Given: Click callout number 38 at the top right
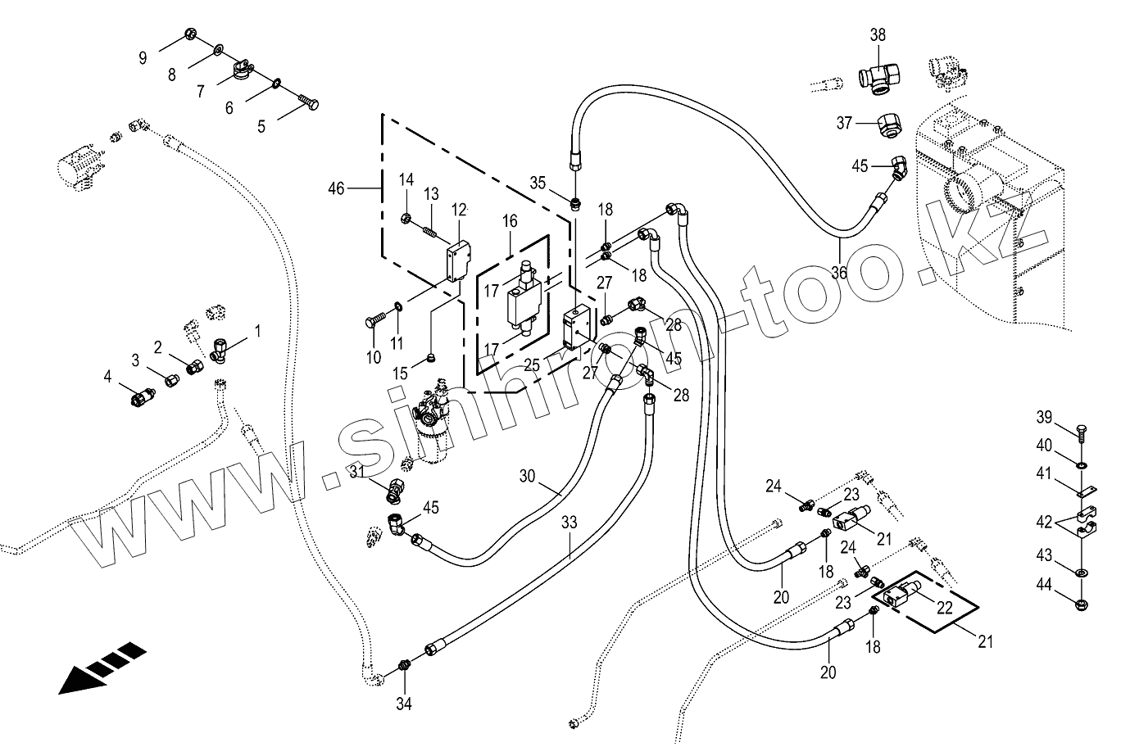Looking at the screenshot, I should [x=878, y=36].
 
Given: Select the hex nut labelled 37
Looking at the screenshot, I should [x=890, y=125].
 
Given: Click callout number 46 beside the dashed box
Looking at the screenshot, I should [x=336, y=189].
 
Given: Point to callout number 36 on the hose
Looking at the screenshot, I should [x=838, y=273].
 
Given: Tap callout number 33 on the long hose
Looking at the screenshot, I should [x=570, y=522].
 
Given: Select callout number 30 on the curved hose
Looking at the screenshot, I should [x=526, y=476].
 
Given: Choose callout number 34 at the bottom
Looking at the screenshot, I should [x=404, y=703].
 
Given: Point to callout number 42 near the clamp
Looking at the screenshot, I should [x=1044, y=522].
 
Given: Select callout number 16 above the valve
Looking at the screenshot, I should [x=511, y=221].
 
